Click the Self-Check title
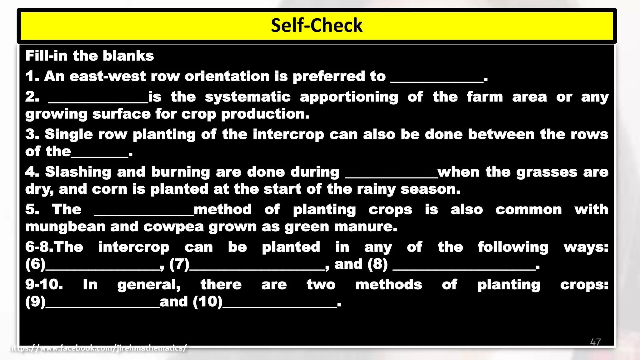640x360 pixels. pyautogui.click(x=316, y=25)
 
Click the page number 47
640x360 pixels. pyautogui.click(x=595, y=342)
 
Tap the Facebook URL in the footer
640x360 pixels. pyautogui.click(x=98, y=347)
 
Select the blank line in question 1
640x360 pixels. pyautogui.click(x=437, y=81)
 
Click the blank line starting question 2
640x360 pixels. pyautogui.click(x=98, y=101)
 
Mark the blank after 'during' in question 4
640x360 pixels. pyautogui.click(x=391, y=176)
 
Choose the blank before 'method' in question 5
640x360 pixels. pyautogui.click(x=144, y=214)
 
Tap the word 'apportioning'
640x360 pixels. pyautogui.click(x=349, y=97)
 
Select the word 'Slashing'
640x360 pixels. pyautogui.click(x=78, y=172)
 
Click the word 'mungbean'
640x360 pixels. pyautogui.click(x=65, y=227)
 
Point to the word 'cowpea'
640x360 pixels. pyautogui.click(x=173, y=227)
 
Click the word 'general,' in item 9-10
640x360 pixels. pyautogui.click(x=149, y=285)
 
